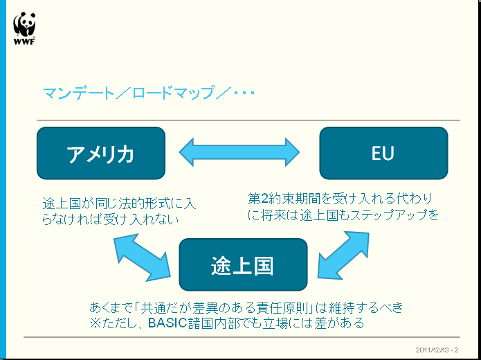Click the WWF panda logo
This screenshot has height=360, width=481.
click(24, 25)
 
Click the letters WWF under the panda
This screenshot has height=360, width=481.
click(24, 41)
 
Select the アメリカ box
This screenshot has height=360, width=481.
click(101, 153)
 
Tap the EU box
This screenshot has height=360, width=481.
click(383, 153)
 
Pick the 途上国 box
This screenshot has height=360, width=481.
click(242, 264)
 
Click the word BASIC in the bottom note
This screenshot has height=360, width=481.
click(167, 323)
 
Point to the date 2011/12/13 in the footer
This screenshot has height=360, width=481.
click(431, 349)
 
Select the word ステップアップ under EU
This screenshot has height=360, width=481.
click(392, 215)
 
